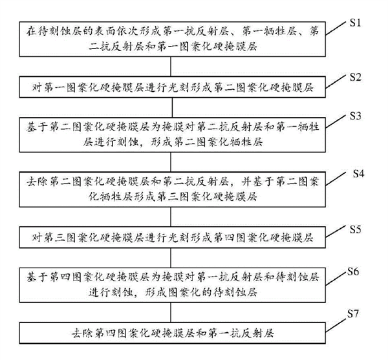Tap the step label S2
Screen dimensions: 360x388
coord(355,76)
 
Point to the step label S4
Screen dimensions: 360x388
coord(360,174)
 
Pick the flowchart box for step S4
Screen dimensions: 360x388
coord(169,187)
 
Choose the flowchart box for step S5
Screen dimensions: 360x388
coord(169,237)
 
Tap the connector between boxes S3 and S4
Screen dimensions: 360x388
coord(169,162)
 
